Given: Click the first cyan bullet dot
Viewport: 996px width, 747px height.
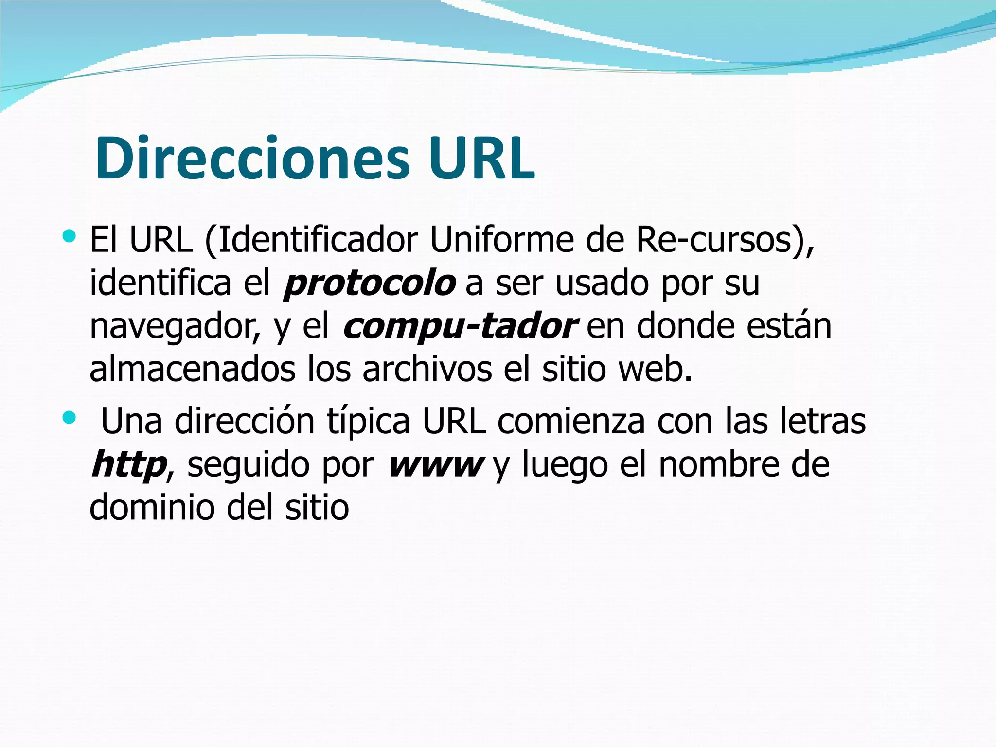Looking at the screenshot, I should (70, 237).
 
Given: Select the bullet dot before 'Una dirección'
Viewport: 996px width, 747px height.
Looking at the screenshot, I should (70, 417).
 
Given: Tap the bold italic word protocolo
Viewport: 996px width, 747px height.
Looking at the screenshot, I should (370, 283).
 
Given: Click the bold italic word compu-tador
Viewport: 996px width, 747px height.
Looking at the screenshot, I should (460, 326).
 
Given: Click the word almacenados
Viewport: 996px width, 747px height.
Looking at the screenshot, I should (193, 369).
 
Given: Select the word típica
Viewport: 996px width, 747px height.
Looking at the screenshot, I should (368, 422).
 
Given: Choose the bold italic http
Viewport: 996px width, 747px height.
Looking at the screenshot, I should (129, 465).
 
